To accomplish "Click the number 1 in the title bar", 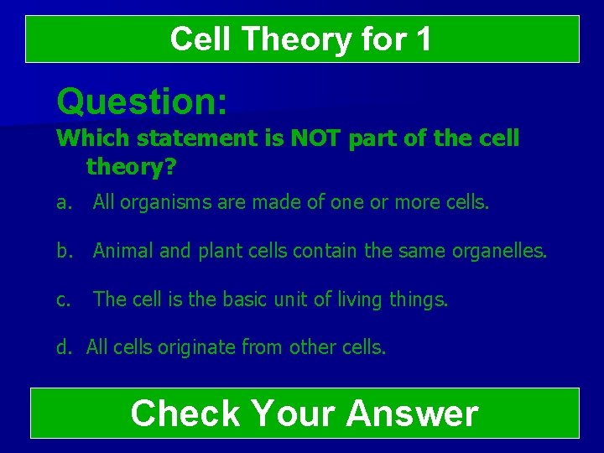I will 422,39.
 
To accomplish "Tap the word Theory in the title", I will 284,39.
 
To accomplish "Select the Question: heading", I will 142,102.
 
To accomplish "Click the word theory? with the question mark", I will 131,167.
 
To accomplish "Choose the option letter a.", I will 63,201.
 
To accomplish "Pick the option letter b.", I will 63,249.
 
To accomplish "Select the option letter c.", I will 62,299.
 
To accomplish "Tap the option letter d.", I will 63,346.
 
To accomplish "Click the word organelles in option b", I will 500,249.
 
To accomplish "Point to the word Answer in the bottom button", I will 411,414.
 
